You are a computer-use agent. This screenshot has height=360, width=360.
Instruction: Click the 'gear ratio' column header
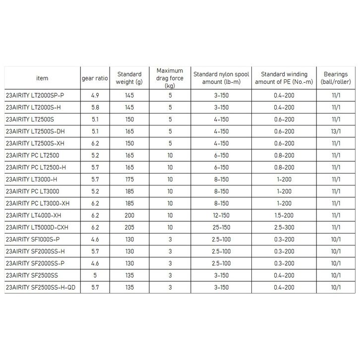click(94, 78)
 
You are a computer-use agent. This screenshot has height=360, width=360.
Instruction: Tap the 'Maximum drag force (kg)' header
click(170, 78)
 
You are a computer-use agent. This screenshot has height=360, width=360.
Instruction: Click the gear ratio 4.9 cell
click(94, 95)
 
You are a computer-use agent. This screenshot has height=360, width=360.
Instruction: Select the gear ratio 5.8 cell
click(94, 107)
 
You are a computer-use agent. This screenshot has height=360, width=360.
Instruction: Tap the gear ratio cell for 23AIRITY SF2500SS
click(94, 275)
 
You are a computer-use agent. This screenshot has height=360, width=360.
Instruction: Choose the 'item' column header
click(42, 78)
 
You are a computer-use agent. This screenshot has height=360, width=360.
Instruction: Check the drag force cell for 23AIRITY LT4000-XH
click(170, 215)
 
